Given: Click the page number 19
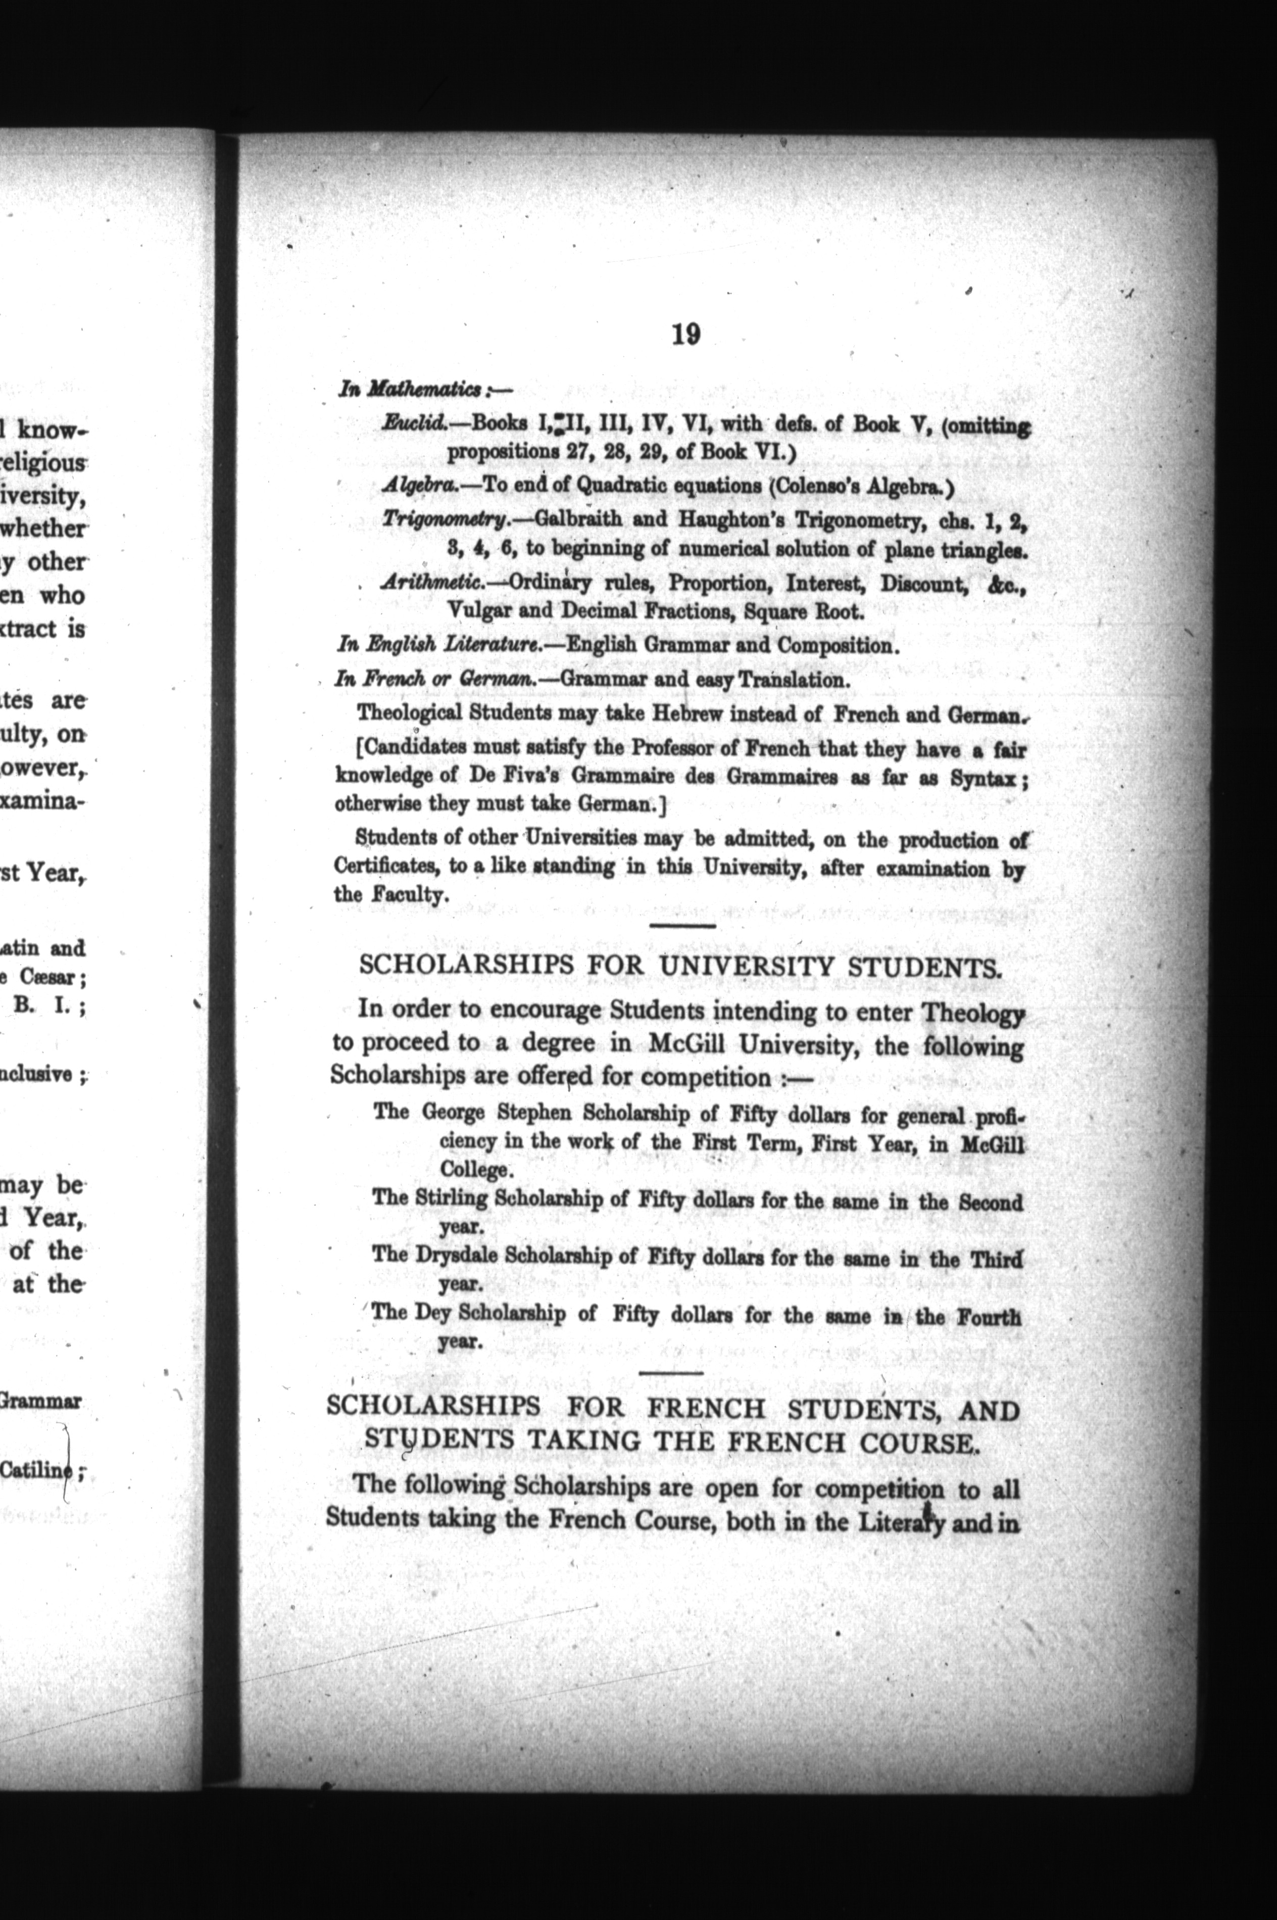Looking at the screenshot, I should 685,334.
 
